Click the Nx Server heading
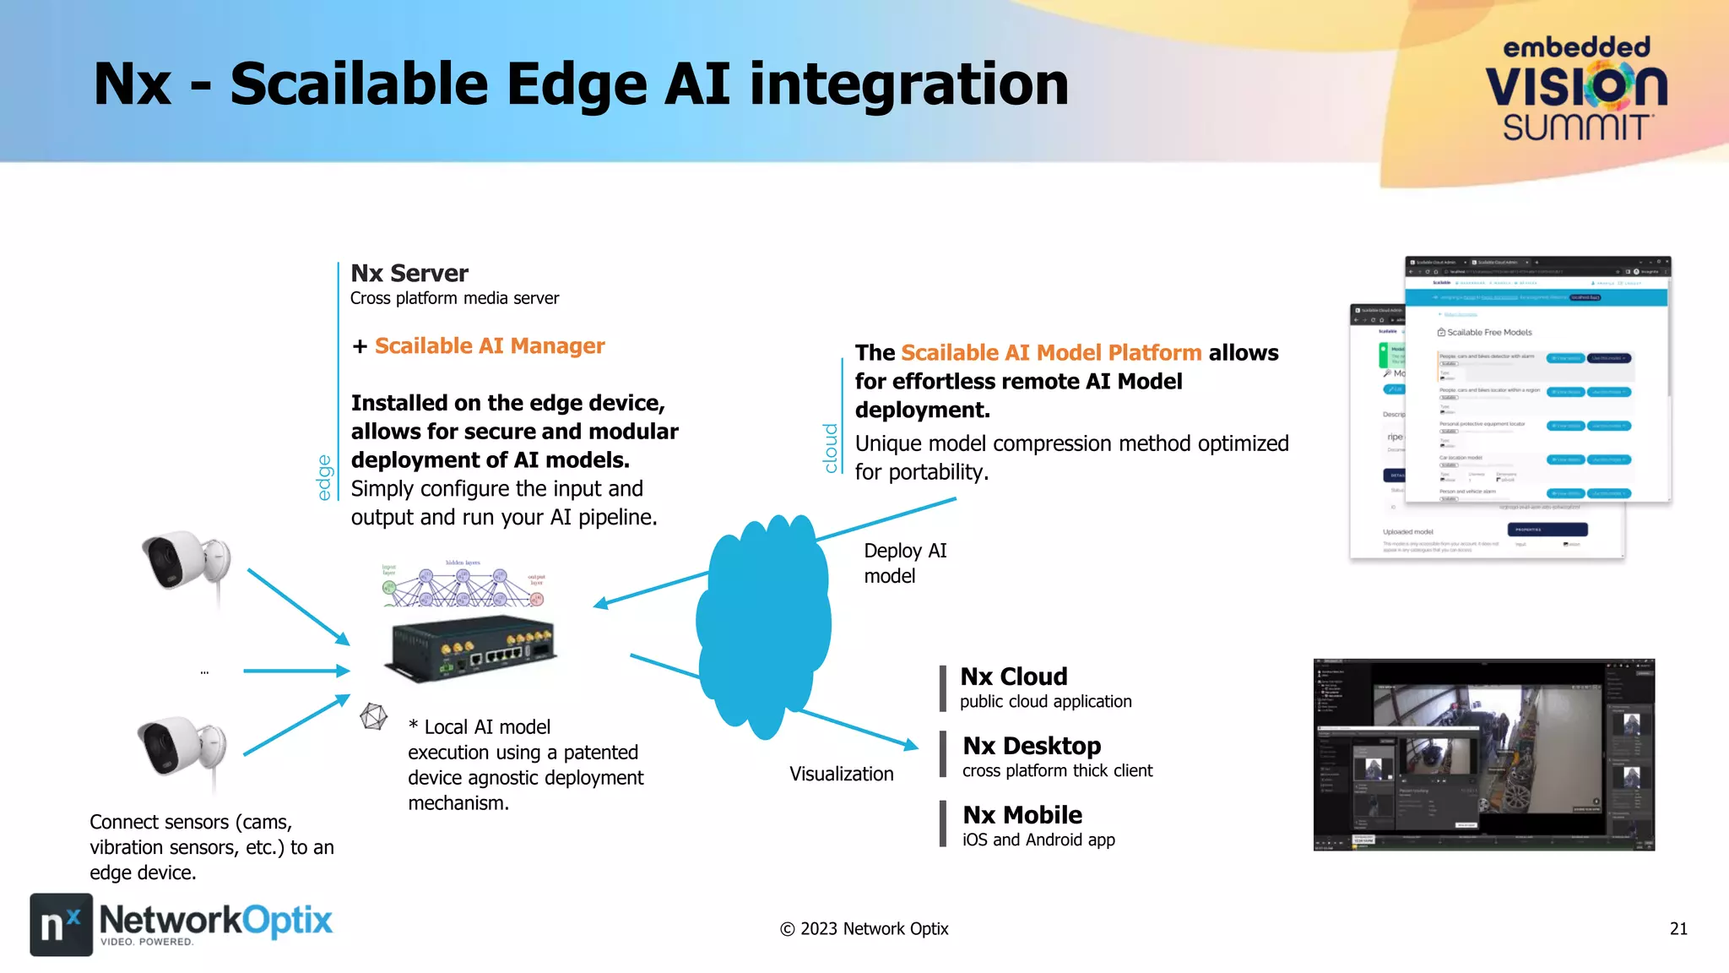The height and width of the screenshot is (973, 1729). [409, 274]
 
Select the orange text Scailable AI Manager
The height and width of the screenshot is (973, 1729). [490, 346]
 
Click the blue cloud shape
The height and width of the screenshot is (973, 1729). [763, 625]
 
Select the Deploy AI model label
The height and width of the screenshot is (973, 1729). [904, 563]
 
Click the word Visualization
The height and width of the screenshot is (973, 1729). [841, 774]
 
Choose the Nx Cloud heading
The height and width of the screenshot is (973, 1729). [1014, 677]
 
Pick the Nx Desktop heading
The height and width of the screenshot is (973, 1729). [1032, 746]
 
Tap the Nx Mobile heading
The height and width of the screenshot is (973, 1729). [1022, 815]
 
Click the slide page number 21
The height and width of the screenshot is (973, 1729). [1678, 929]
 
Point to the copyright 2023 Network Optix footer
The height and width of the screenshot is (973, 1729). [864, 929]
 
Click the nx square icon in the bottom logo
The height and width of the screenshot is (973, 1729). [61, 925]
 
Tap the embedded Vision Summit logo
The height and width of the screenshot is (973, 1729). [1576, 89]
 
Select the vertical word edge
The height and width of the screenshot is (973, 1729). [324, 477]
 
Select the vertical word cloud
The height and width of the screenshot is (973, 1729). [831, 448]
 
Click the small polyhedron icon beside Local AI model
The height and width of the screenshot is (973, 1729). [373, 717]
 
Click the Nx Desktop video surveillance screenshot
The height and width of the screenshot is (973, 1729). [1483, 754]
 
